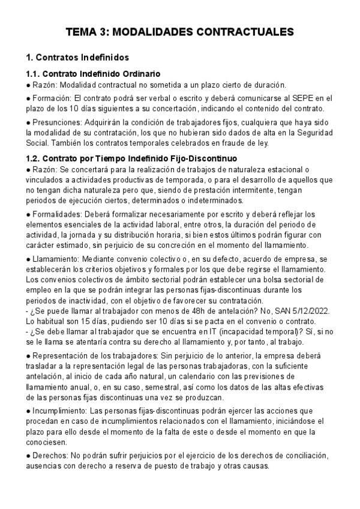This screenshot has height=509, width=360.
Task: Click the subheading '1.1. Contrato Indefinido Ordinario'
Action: click(x=93, y=74)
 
